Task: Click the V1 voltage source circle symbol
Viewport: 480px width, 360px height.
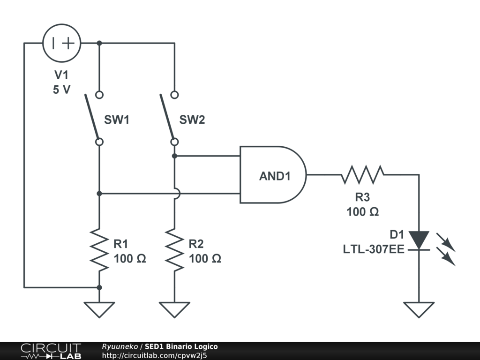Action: (62, 43)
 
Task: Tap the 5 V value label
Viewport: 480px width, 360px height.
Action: (61, 90)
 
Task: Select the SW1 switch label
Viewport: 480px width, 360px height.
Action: (116, 120)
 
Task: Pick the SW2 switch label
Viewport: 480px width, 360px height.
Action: (192, 120)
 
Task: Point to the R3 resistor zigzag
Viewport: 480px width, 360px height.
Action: (362, 175)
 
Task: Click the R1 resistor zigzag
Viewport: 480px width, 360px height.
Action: (99, 249)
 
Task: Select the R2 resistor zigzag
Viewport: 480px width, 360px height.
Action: (174, 249)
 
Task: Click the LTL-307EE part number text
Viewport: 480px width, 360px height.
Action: (373, 249)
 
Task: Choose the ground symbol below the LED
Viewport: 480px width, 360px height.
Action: (419, 309)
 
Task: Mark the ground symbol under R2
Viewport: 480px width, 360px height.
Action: (174, 309)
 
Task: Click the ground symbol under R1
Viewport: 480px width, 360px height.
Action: (99, 309)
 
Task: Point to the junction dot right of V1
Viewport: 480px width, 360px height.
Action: (99, 43)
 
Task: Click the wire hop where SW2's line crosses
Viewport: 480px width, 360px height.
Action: (175, 193)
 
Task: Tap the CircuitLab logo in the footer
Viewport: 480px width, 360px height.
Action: (51, 351)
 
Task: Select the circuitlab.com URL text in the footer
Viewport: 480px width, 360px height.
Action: (154, 355)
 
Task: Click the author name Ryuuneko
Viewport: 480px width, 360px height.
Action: (120, 346)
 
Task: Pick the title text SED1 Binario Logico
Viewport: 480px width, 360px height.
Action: (181, 346)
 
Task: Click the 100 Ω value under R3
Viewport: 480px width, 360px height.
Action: (362, 212)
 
